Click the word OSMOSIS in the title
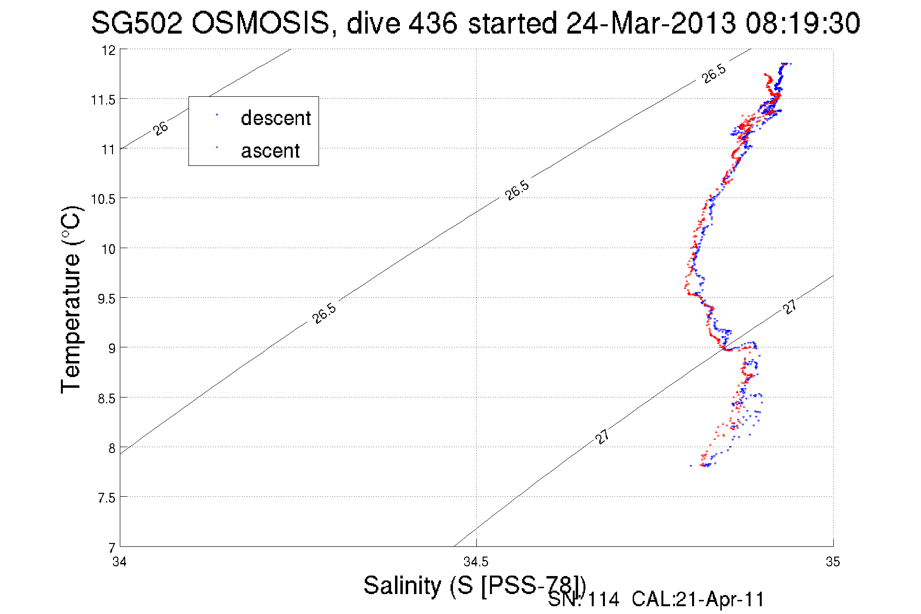point(260,23)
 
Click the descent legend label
point(276,118)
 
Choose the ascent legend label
point(270,151)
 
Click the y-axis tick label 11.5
point(103,100)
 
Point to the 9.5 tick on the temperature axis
point(106,299)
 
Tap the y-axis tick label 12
point(108,50)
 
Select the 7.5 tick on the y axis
point(106,498)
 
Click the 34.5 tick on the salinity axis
point(476,562)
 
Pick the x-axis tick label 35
point(833,562)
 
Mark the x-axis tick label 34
point(119,562)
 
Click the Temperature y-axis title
point(71,299)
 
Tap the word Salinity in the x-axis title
point(402,585)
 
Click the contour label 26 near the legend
point(160,128)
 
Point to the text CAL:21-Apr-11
point(698,599)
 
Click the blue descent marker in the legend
point(217,115)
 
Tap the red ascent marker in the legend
point(217,147)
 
